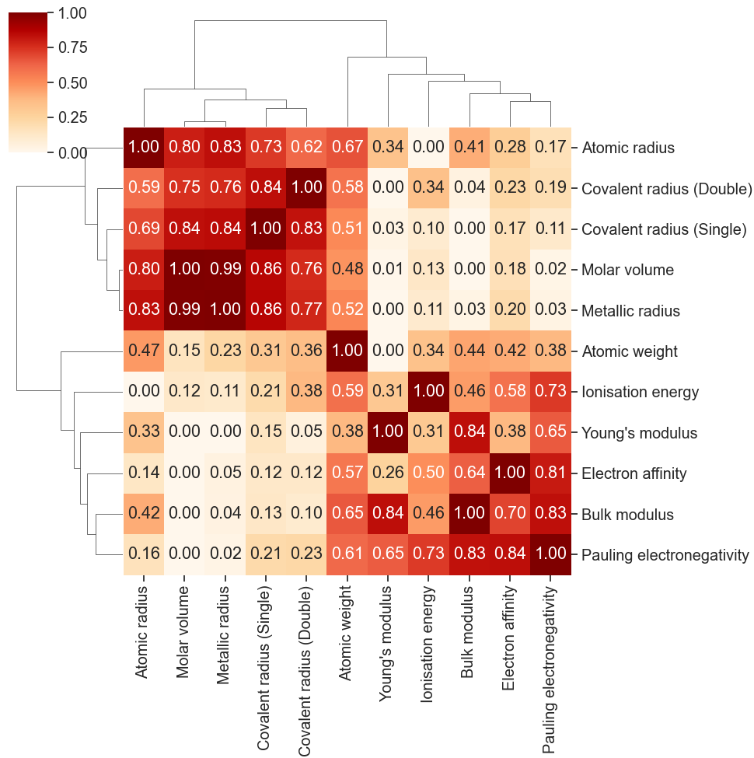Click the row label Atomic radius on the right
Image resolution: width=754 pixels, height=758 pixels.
[627, 148]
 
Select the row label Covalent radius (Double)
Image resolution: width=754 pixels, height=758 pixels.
[666, 189]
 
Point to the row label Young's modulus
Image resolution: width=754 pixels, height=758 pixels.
[639, 433]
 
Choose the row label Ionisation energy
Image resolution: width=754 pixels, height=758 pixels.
[640, 393]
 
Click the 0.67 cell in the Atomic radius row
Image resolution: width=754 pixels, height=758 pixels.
[347, 146]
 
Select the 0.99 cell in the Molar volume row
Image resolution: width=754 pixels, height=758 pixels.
[225, 269]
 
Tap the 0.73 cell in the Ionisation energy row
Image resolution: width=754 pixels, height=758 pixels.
[550, 391]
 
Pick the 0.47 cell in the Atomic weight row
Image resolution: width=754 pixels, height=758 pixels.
[143, 351]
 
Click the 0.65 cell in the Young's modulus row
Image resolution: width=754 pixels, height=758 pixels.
[550, 432]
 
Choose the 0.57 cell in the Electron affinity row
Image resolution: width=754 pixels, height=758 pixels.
[347, 473]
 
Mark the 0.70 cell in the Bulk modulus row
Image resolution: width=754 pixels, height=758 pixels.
[509, 514]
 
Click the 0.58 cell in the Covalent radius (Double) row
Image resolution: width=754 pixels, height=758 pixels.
[347, 187]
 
